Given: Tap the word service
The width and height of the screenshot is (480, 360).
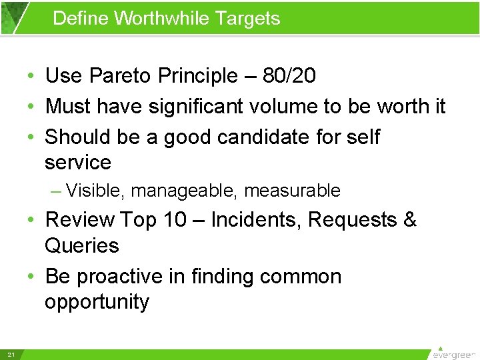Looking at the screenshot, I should (77, 162).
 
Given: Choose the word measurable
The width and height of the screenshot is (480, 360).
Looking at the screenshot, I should (292, 191).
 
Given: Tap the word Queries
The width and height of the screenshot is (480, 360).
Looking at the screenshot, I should (81, 245).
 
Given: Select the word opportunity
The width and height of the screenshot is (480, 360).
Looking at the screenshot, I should (97, 301).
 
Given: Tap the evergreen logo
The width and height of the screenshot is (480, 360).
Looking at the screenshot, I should (454, 353).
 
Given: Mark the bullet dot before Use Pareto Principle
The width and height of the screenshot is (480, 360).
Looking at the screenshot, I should (32, 77).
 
